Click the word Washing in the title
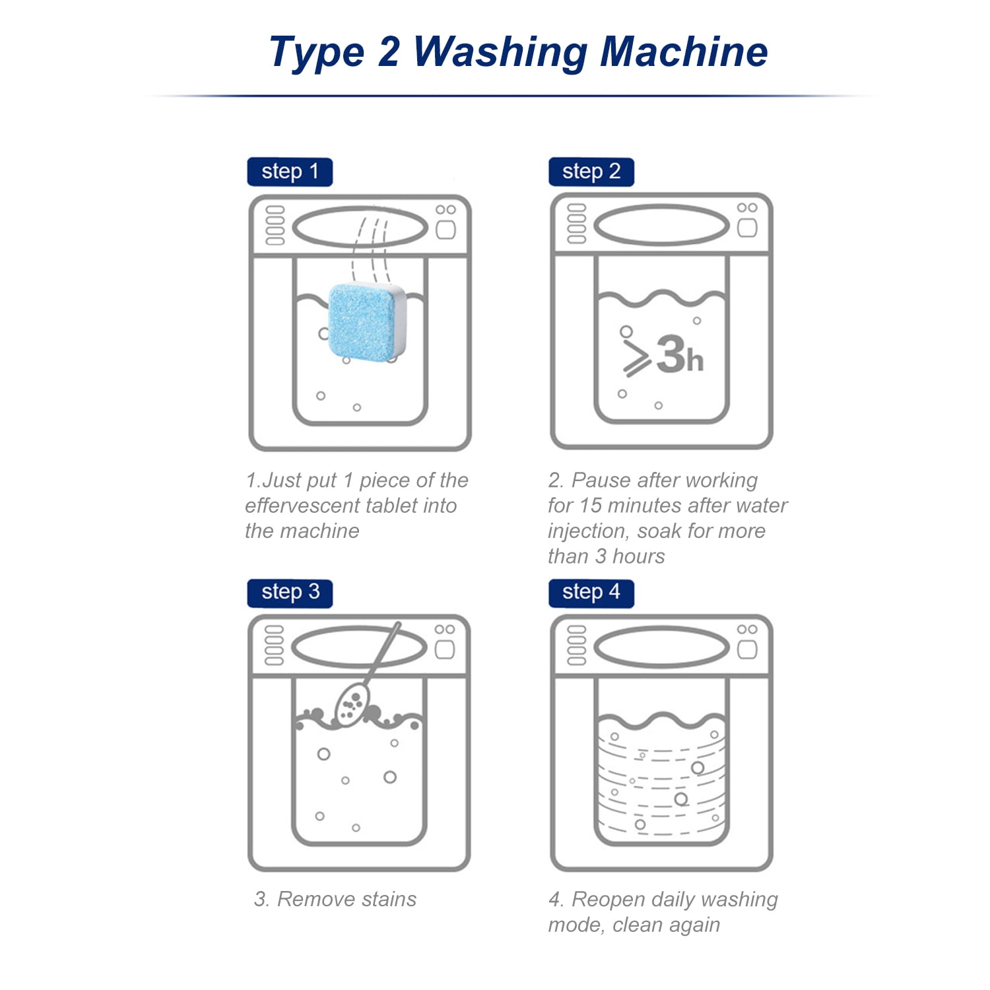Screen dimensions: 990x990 500,53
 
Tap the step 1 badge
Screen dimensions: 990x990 290,172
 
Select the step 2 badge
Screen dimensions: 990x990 591,172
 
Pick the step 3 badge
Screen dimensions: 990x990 290,592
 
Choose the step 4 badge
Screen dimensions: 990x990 591,592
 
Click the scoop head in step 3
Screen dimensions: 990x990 351,705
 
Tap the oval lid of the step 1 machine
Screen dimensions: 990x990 360,228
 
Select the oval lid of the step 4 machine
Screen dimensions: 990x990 661,647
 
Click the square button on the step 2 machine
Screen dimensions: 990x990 747,228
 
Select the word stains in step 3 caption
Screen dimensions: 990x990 386,899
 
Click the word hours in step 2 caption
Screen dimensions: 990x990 638,556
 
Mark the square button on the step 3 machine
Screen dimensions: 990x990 445,649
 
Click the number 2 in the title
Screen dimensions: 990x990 389,51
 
